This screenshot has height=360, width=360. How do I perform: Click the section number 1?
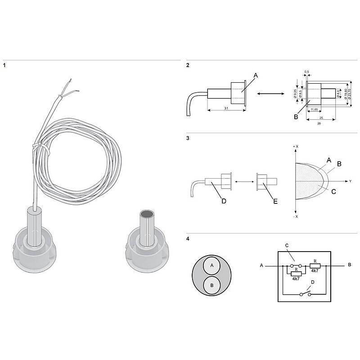coord(4,66)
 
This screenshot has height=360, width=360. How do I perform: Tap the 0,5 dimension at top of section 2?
coord(307,72)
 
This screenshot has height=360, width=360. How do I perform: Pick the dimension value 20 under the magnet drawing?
coord(319,123)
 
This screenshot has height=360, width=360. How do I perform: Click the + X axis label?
coord(295,147)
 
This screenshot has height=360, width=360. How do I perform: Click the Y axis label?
coord(350,181)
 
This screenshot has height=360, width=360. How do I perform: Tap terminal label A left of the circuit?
coord(261,265)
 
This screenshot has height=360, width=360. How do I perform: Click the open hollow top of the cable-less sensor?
coord(147,215)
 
